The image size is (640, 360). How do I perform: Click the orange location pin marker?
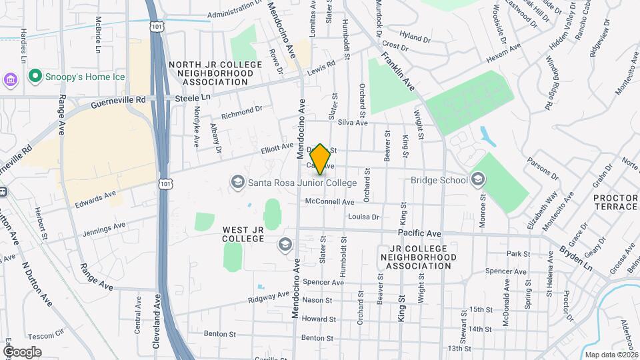[320, 159]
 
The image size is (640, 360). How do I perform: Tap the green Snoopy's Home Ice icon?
[36, 77]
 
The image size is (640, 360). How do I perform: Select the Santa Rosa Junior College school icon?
[237, 182]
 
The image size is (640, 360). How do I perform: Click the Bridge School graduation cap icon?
[477, 179]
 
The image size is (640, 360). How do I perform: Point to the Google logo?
[21, 351]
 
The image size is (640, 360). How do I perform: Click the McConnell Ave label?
[329, 201]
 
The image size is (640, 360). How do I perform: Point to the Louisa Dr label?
[363, 217]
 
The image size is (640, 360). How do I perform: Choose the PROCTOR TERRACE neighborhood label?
[615, 202]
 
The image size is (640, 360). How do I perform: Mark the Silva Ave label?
[353, 123]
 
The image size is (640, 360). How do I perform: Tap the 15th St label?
[480, 310]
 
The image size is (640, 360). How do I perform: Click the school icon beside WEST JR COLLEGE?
[285, 245]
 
